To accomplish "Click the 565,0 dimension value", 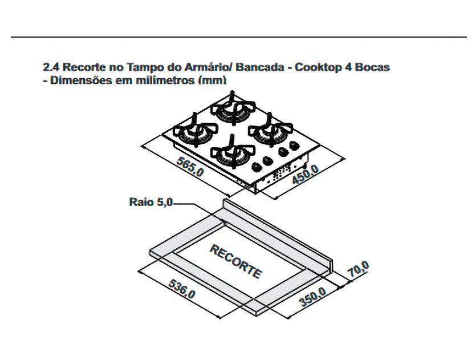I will [189, 169].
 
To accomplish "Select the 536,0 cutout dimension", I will [182, 289].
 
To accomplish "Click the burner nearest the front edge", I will [232, 153].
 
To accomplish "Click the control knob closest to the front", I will [257, 167].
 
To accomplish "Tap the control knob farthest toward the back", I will [295, 146].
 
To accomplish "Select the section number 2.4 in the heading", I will [50, 67].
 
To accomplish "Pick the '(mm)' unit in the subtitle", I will [211, 80].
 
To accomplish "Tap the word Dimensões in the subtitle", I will [80, 80].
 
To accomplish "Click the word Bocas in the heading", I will [375, 67].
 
